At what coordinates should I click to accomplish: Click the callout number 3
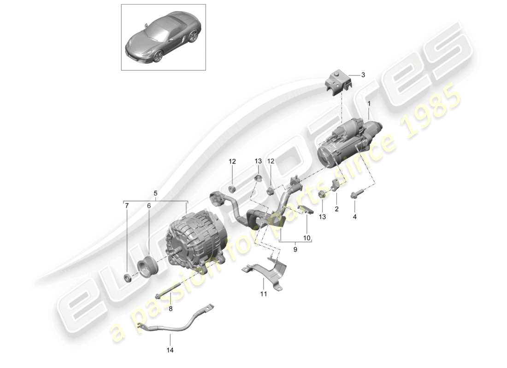(363, 75)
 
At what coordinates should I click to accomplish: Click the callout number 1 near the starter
(369, 105)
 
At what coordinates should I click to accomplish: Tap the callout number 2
(336, 209)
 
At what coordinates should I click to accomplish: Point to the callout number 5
(155, 194)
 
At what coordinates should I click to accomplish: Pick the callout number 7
(127, 207)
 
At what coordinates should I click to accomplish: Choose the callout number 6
(149, 207)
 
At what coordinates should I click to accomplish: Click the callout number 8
(170, 309)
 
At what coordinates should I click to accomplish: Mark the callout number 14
(170, 351)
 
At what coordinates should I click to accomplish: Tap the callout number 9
(295, 249)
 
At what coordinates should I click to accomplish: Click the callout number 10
(307, 238)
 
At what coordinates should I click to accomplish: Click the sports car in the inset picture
(163, 39)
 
